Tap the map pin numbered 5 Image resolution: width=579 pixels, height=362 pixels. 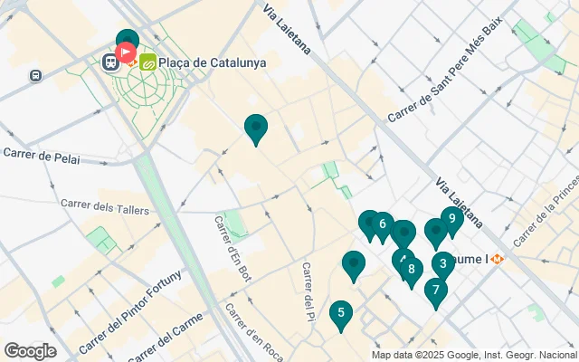[340, 314]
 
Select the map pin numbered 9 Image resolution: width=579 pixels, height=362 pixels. [451, 218]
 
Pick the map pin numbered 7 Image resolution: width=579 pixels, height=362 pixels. [436, 291]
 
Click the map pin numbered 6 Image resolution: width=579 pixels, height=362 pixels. [383, 224]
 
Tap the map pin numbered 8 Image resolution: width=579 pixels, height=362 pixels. [412, 269]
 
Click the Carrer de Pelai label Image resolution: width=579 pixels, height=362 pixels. [42, 157]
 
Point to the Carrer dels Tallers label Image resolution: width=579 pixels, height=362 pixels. [100, 207]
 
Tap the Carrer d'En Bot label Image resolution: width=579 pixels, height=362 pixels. [233, 246]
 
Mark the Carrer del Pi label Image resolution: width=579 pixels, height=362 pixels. [308, 291]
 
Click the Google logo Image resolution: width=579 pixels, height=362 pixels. [30, 350]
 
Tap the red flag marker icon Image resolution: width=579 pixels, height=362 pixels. [127, 53]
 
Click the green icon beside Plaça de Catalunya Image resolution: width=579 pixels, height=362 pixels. [147, 62]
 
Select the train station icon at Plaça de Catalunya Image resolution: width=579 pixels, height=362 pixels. [110, 62]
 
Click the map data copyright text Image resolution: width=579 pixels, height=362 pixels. [472, 355]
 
